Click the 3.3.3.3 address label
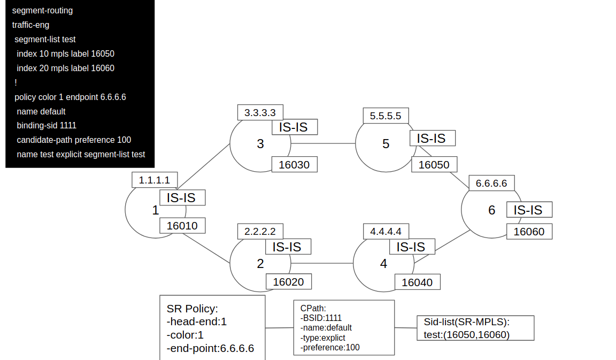coord(260,112)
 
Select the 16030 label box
coord(294,164)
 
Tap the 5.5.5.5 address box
coord(386,116)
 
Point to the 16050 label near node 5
coord(434,164)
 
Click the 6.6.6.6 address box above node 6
coord(491,183)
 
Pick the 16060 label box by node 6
coord(529,232)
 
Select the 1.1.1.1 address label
coord(155,180)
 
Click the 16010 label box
coord(182,226)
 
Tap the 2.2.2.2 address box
coord(260,231)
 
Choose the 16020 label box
coord(289,281)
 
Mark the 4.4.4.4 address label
coord(386,231)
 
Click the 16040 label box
coord(417,282)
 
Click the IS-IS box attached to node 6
coord(529,210)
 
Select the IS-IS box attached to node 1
coord(182,197)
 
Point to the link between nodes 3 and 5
coord(323,143)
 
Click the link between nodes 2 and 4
coord(322,263)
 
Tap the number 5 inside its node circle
coord(386,144)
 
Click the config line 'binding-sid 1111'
coord(47,125)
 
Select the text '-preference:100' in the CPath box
coord(329,347)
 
